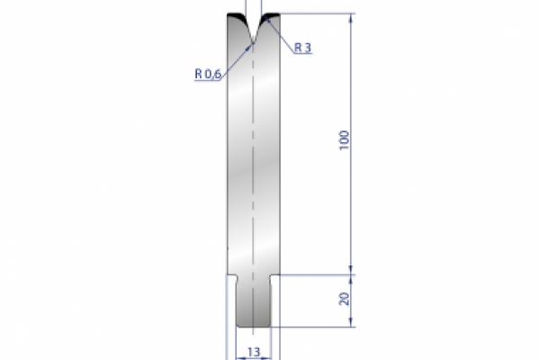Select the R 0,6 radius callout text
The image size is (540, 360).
click(x=207, y=75)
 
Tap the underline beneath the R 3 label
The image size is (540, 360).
click(x=303, y=55)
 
